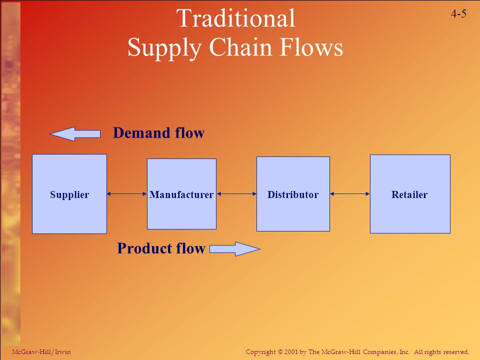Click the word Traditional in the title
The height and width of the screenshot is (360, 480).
[235, 18]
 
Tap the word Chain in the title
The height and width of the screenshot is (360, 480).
[241, 47]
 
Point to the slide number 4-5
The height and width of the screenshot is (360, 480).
[458, 13]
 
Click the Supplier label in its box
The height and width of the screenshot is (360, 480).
[69, 195]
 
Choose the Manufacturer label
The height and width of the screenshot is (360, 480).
[181, 194]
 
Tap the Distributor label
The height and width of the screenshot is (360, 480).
[293, 194]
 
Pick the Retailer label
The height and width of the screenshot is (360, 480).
[409, 194]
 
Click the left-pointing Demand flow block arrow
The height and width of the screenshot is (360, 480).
[75, 134]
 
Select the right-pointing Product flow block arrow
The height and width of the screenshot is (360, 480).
[235, 249]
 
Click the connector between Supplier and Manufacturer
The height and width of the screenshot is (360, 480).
[126, 194]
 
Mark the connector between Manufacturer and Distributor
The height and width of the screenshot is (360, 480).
[236, 194]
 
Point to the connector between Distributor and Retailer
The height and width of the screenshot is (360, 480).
[350, 194]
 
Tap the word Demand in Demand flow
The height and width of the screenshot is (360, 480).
[141, 133]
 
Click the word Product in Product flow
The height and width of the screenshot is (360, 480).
[143, 248]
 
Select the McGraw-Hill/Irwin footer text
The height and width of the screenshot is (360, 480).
[41, 352]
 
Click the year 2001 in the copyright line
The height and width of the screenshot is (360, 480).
[291, 352]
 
